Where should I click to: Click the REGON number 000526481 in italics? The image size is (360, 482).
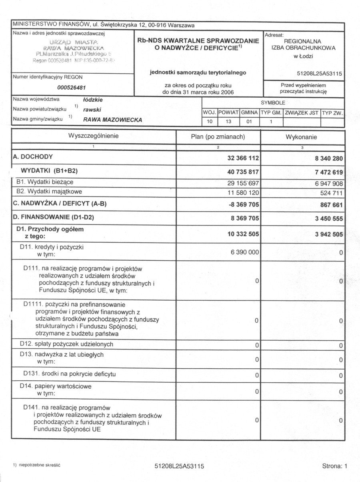pos(72,88)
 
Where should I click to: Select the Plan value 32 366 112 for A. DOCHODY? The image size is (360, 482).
pos(243,158)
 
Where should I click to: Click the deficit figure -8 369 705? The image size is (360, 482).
pos(243,205)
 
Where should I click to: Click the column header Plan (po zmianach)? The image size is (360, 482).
pos(218,137)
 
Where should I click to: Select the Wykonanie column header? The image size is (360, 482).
pos(301,137)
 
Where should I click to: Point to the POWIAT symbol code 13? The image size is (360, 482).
pos(229,121)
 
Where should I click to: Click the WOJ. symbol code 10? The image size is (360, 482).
pos(210,121)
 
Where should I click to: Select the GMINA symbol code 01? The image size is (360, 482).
pos(249,121)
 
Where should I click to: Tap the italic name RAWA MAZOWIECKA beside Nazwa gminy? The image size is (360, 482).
pos(112,119)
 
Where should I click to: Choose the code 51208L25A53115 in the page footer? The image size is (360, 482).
pos(179,466)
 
